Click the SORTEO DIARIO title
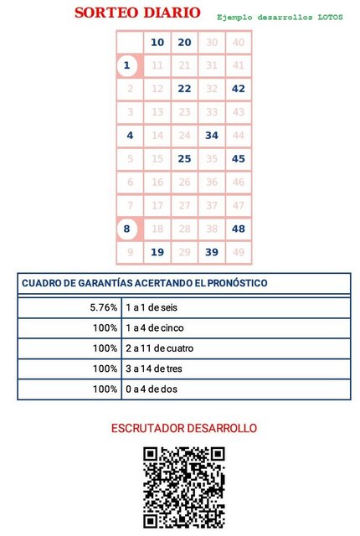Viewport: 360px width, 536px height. [137, 13]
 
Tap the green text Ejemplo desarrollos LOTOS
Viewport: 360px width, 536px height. [280, 17]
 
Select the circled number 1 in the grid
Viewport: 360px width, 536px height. [127, 65]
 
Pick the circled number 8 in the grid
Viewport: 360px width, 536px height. [127, 229]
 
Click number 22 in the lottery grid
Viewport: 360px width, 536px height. [184, 89]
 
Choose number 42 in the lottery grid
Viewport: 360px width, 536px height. [239, 89]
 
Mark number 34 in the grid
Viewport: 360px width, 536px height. [212, 135]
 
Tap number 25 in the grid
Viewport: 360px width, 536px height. [184, 158]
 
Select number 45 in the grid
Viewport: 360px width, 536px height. [239, 158]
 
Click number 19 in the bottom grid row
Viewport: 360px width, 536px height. [157, 252]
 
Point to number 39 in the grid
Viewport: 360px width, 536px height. [212, 252]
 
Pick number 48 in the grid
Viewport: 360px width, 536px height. [239, 229]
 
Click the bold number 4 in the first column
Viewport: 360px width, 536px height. [130, 135]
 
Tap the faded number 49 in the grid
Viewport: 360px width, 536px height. [239, 252]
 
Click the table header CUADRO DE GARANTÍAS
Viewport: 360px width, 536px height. [144, 283]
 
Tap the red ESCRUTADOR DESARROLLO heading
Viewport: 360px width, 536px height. [184, 428]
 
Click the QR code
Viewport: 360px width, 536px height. [183, 487]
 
